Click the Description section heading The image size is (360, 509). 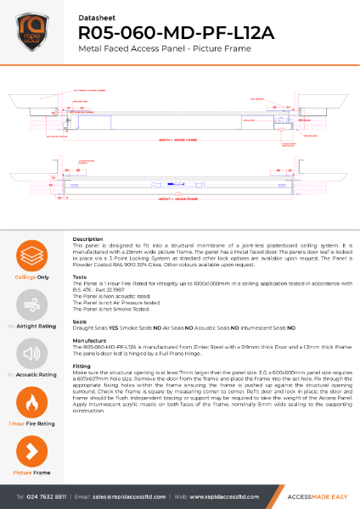[88, 239]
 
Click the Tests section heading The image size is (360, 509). [80, 277]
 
